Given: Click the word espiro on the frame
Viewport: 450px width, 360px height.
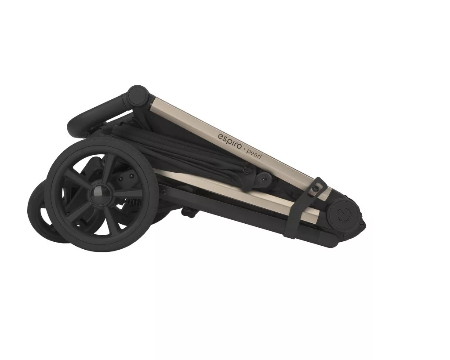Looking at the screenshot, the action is [229, 138].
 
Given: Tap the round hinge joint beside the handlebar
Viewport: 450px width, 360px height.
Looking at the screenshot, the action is [138, 95].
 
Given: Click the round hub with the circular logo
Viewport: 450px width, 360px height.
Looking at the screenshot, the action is [343, 215].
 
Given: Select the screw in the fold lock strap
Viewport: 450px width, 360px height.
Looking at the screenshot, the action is [316, 188].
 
